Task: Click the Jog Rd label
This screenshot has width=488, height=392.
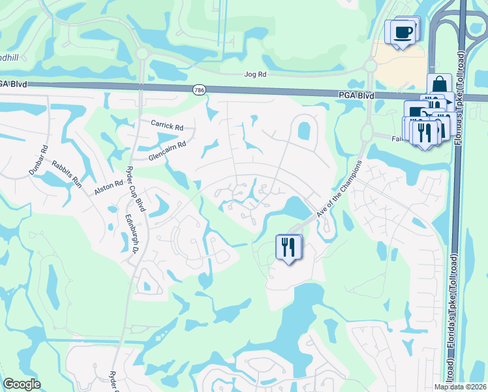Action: [254, 74]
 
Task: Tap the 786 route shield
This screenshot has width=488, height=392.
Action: [198, 89]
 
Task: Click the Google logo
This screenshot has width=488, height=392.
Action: [22, 384]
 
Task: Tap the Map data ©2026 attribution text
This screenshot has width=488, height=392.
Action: [460, 387]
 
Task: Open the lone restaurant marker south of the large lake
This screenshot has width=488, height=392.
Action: [288, 247]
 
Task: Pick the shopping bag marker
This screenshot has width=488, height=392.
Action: [440, 85]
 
